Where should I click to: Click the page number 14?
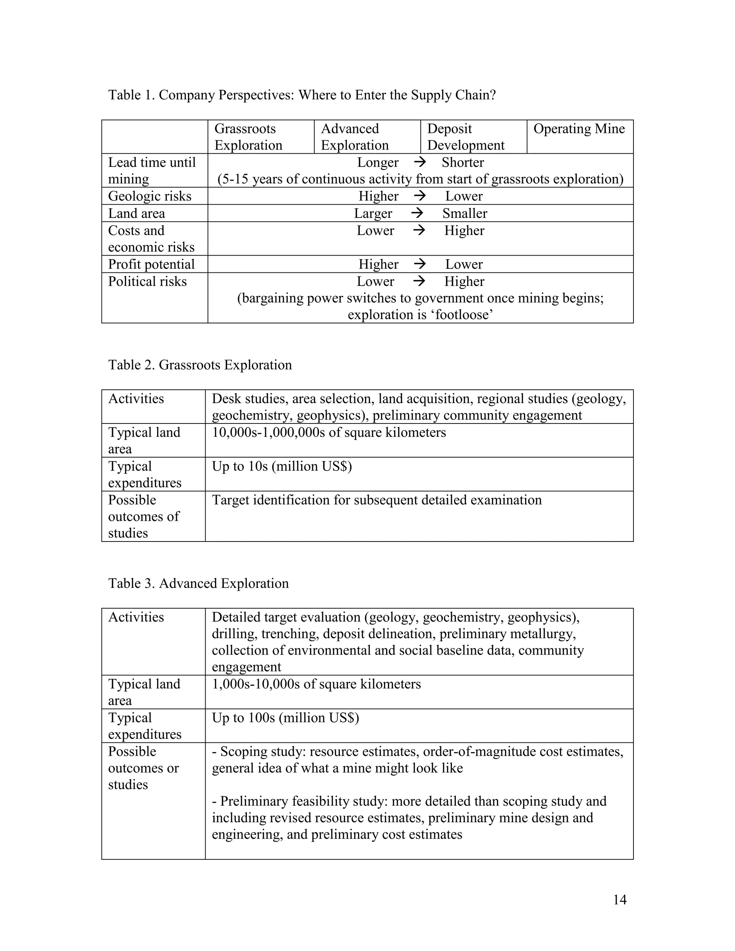pos(619,900)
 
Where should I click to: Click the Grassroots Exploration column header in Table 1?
pos(248,137)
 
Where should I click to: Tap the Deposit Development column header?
pos(465,137)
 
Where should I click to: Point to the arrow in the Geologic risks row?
pos(419,196)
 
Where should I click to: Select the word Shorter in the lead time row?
pos(462,163)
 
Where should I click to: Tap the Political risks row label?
pos(147,282)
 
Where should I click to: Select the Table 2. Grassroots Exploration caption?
pos(200,365)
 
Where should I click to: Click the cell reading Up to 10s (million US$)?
pos(282,467)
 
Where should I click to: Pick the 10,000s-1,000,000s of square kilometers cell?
pos(329,433)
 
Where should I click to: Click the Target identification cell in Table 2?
pos(376,500)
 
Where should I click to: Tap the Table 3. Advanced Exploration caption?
pos(198,584)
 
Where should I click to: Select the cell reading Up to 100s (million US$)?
pos(285,718)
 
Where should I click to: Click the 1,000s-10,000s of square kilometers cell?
pos(316,684)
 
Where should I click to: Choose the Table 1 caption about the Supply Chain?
pos(302,95)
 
